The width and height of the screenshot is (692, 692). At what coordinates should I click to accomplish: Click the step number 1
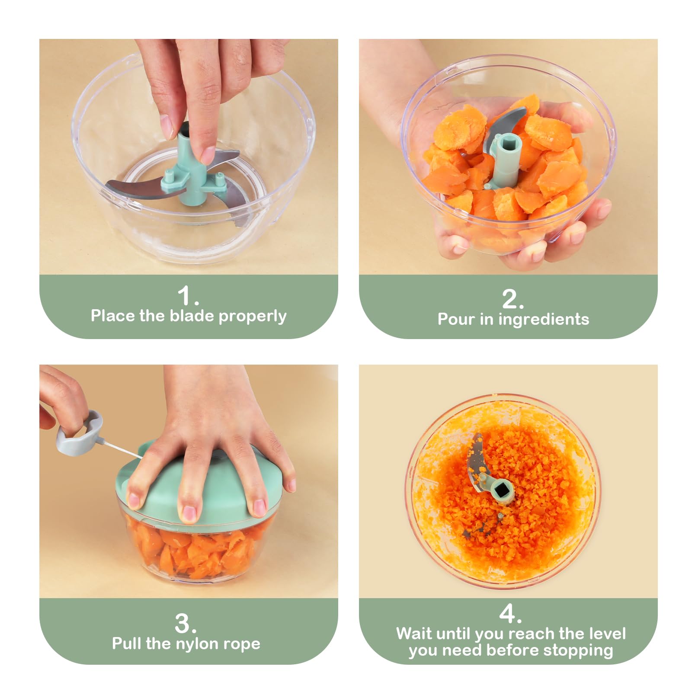coord(188,296)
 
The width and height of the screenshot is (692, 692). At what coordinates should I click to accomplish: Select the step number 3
coord(185,623)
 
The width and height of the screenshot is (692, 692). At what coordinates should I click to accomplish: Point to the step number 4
coord(510,614)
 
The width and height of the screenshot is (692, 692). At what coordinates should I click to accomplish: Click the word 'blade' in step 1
coord(192,316)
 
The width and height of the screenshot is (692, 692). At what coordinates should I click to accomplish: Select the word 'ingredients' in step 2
coord(544,320)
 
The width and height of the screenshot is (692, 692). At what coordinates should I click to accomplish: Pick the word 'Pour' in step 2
coord(456,319)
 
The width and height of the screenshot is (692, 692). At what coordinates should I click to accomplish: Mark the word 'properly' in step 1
coord(253,317)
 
